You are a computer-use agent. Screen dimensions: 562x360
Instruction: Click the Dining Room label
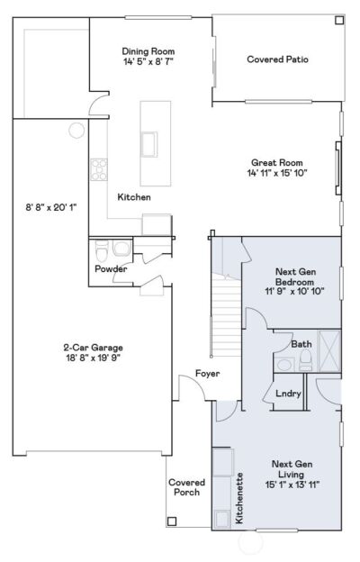tap(149, 51)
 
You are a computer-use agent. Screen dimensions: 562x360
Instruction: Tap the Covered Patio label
tap(277, 59)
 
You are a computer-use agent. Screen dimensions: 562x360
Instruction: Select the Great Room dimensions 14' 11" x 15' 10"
tap(279, 174)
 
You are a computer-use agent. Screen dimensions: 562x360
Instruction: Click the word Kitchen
tap(134, 196)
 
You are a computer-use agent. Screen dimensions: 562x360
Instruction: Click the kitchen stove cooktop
tap(98, 169)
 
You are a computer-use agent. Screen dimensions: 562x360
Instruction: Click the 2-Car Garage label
tap(93, 348)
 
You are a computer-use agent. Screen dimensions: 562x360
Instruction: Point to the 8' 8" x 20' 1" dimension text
tap(51, 207)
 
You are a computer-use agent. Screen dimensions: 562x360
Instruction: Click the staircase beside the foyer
tap(226, 306)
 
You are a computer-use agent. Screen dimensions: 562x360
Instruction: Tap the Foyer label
tap(208, 373)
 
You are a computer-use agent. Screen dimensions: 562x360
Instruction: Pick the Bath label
tap(301, 344)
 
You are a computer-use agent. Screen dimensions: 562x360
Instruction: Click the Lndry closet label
tap(288, 393)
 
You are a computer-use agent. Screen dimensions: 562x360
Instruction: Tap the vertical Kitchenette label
tap(239, 500)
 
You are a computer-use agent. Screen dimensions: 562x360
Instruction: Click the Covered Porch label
tap(186, 487)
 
